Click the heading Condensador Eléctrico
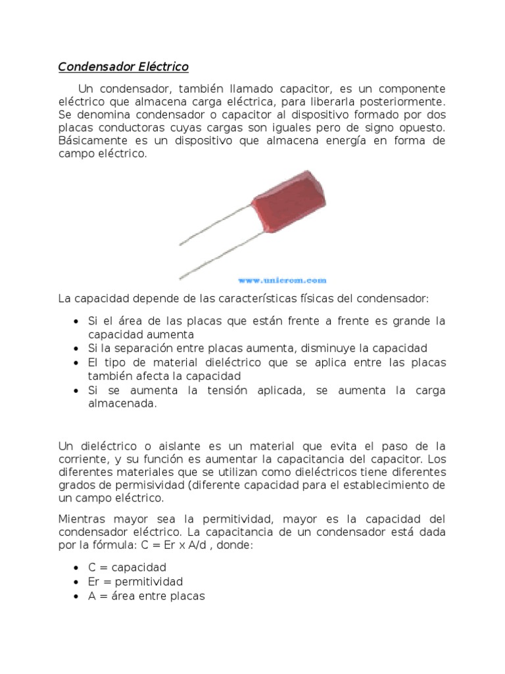coord(123,67)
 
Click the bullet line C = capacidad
coord(128,567)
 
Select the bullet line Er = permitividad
coord(135,582)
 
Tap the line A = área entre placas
coord(147,596)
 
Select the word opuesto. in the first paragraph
coord(420,128)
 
